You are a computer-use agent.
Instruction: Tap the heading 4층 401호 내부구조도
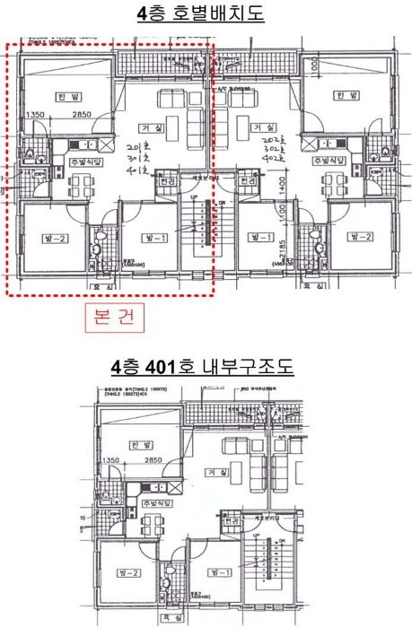[x=206, y=369]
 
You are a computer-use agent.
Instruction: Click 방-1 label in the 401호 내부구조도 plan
[x=215, y=571]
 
